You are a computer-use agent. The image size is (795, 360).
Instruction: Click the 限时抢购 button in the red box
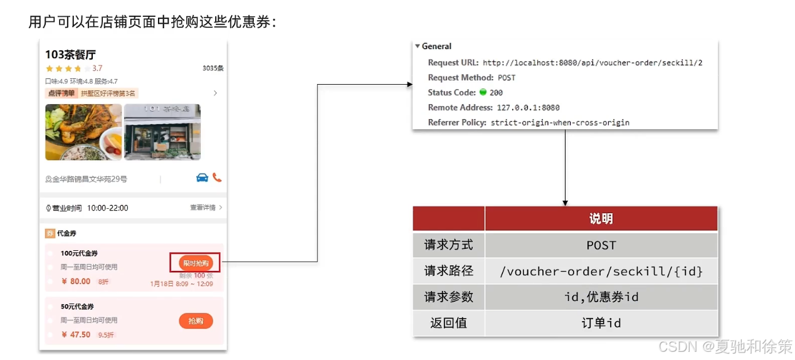(x=196, y=263)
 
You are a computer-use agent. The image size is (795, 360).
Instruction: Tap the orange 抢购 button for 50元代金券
(x=196, y=321)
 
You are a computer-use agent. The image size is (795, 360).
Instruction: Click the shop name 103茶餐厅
(x=70, y=55)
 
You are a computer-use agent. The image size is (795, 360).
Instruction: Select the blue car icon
(x=202, y=177)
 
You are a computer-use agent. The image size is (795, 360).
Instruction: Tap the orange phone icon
(x=217, y=177)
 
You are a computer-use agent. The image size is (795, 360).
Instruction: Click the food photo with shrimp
(x=83, y=132)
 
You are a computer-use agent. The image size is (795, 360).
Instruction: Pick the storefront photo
(x=162, y=132)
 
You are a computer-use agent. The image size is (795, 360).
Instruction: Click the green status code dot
(x=483, y=92)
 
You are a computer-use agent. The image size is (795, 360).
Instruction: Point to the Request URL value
(x=592, y=63)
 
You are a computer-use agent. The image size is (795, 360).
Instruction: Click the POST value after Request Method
(x=507, y=78)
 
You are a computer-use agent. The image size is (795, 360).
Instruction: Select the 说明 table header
(x=601, y=218)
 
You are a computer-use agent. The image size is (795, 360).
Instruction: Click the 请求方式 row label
(x=449, y=245)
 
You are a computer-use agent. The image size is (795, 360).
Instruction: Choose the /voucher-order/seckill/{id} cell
(x=601, y=271)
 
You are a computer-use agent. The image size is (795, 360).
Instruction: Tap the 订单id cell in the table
(x=601, y=323)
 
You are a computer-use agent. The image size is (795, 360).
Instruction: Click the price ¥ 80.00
(x=75, y=282)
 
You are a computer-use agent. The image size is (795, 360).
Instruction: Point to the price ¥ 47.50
(x=75, y=335)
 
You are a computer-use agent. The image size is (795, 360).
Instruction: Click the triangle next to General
(x=417, y=46)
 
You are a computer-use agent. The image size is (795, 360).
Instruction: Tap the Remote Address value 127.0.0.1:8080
(x=528, y=108)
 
